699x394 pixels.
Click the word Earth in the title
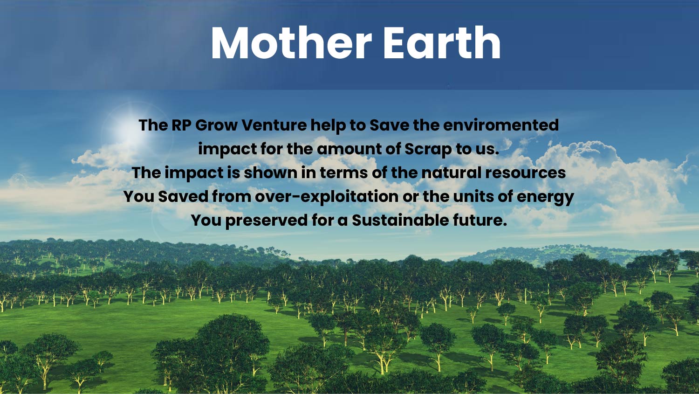[442, 42]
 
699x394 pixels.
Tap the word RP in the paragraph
[182, 125]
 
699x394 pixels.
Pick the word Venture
[274, 125]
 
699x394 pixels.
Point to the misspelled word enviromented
[501, 125]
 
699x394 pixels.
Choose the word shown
[271, 173]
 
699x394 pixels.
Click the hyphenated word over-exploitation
[327, 197]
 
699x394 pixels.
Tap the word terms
[343, 173]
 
